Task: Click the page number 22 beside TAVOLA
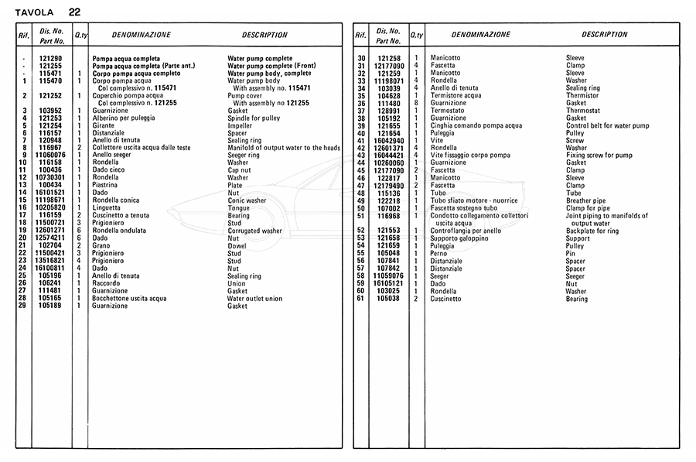73,12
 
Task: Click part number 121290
51,59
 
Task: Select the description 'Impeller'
240,125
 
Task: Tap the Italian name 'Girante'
103,125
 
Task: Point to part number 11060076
51,156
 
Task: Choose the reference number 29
25,306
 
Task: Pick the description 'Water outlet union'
255,298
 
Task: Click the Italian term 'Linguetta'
107,208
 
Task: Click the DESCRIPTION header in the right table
605,35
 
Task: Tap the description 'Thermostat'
583,111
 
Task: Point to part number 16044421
390,156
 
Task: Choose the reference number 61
360,299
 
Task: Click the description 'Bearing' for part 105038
577,299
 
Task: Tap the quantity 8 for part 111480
416,103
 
